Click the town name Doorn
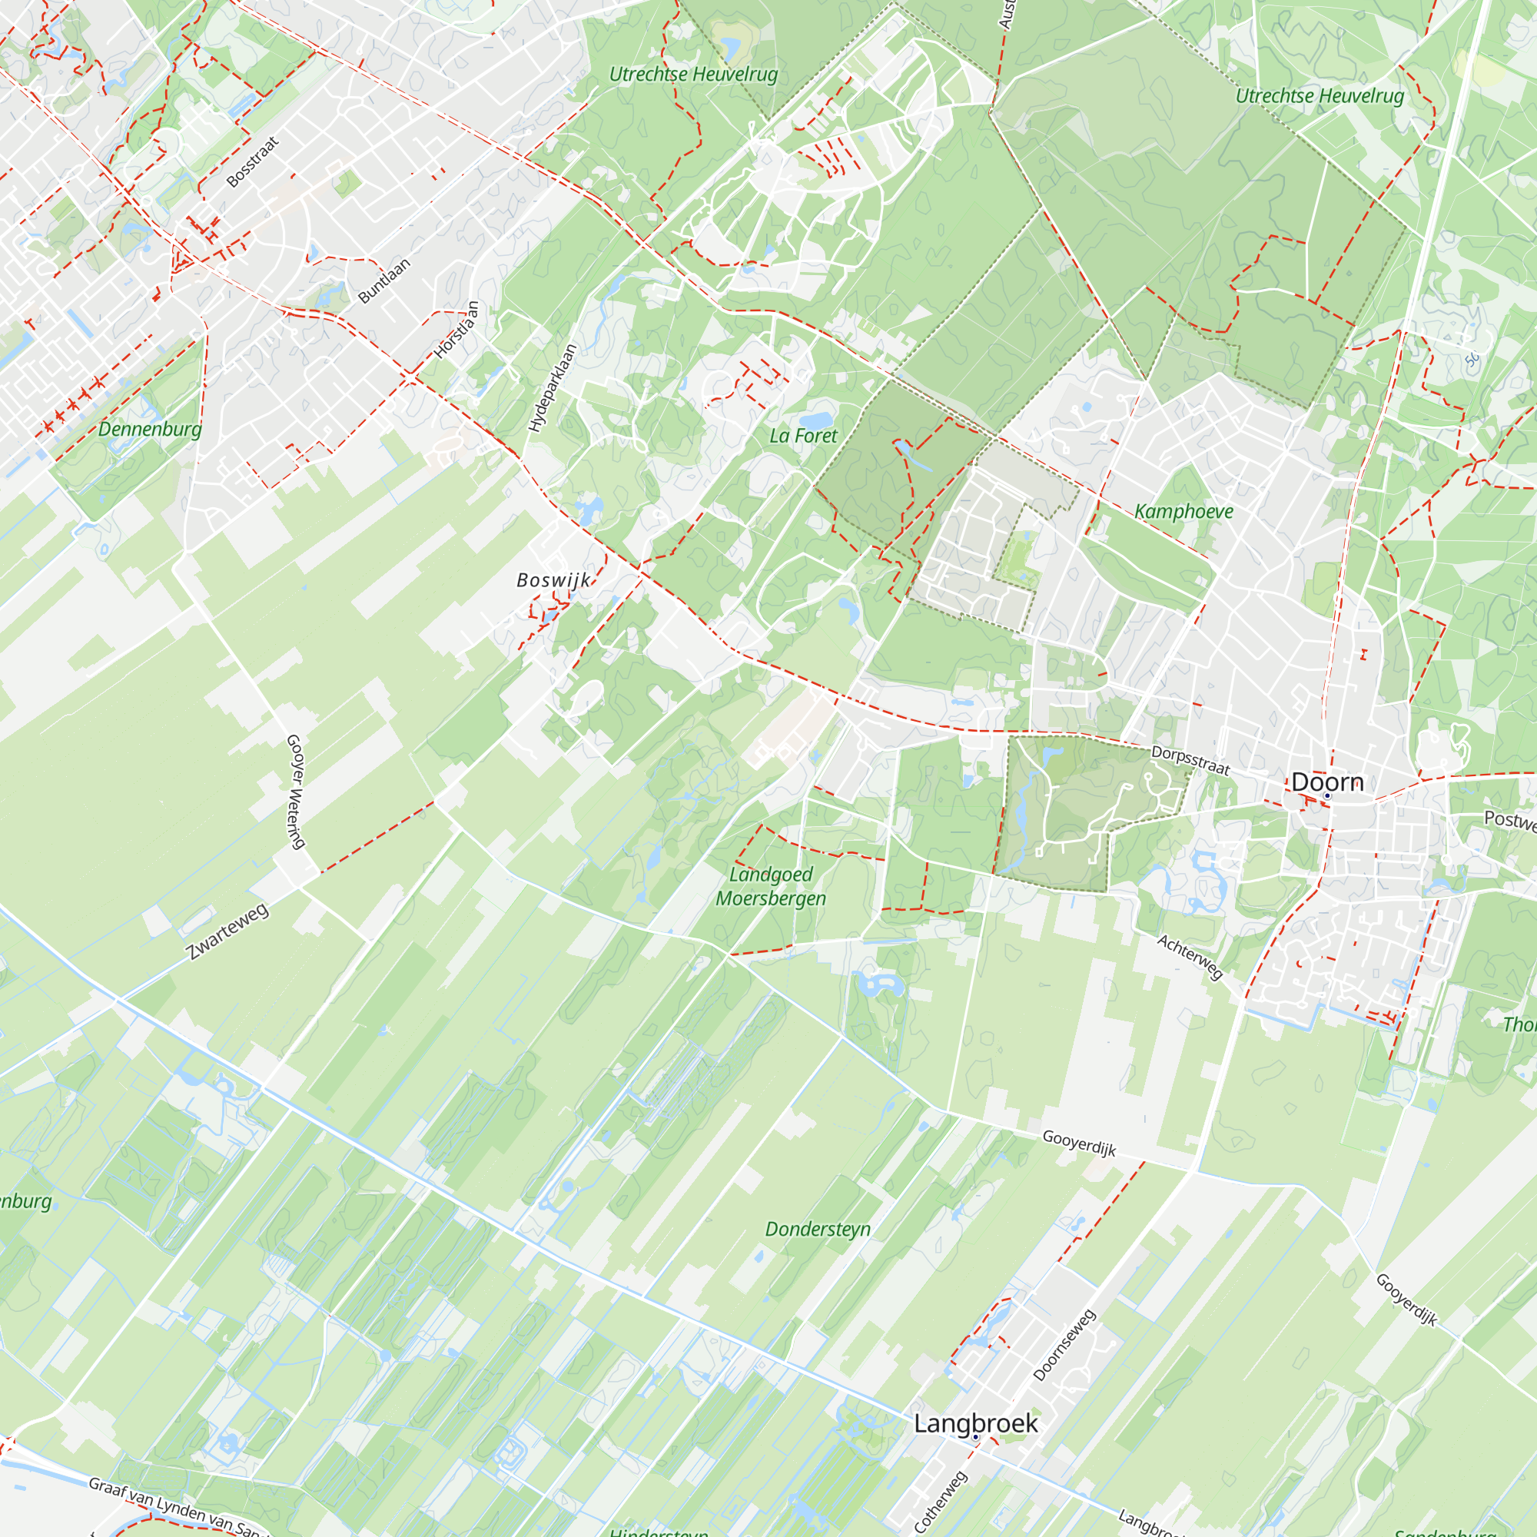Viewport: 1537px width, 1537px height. click(x=1327, y=782)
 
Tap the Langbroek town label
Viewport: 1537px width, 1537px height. click(x=975, y=1423)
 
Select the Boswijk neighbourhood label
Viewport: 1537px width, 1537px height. click(x=553, y=580)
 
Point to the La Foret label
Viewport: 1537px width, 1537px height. click(x=803, y=436)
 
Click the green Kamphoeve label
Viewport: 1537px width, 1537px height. click(x=1183, y=512)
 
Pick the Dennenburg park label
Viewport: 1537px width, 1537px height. click(x=150, y=430)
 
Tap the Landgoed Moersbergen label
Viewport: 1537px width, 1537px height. click(x=770, y=886)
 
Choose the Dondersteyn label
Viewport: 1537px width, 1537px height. click(x=817, y=1229)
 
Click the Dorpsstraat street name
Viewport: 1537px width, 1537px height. click(x=1190, y=761)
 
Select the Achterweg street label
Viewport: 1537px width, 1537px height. click(x=1190, y=956)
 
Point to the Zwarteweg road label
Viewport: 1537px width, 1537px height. click(x=227, y=931)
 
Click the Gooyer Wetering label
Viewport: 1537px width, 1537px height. click(x=295, y=792)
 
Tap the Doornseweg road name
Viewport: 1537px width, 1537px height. click(x=1064, y=1344)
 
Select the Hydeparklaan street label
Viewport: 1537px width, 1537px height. click(x=551, y=388)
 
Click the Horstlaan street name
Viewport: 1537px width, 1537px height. click(x=456, y=330)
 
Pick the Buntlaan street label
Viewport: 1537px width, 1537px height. click(x=384, y=281)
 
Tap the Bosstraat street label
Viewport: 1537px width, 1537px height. click(x=253, y=162)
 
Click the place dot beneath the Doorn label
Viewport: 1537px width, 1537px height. click(x=1327, y=795)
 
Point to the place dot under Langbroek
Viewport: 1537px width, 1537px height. click(x=975, y=1437)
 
